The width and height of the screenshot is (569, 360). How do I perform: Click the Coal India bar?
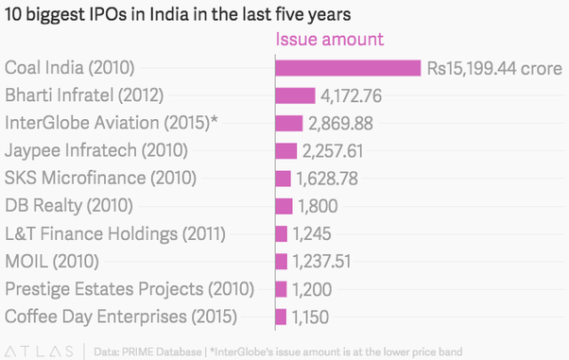(348, 68)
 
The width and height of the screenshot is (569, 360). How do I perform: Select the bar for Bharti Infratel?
(296, 95)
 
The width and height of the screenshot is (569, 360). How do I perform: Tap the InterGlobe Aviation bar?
(289, 124)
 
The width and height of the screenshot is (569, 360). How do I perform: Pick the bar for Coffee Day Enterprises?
(281, 317)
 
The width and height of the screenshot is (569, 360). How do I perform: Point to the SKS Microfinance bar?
(283, 179)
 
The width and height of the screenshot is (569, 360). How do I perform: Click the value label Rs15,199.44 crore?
(494, 69)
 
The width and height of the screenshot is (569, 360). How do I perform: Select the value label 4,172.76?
(352, 96)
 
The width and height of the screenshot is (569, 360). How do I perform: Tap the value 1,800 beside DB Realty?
(318, 207)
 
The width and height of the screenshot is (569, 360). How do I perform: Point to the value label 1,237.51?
(322, 262)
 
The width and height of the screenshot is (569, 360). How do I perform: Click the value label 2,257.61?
(333, 151)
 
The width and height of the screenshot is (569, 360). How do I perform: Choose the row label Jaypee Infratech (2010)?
(96, 150)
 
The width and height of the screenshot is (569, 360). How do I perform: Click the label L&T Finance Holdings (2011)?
(115, 233)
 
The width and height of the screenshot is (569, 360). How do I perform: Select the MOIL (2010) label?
(52, 262)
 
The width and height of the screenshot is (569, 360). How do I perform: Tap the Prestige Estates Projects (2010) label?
(129, 289)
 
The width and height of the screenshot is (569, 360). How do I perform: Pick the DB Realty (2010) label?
(69, 206)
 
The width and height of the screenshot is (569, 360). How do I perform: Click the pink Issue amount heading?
(330, 39)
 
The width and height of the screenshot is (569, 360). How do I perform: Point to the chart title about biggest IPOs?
(178, 14)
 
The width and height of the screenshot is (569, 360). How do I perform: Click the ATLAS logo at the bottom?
(39, 351)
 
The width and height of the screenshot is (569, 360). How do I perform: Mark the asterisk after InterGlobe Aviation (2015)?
(215, 120)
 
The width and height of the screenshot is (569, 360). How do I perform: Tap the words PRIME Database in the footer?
(162, 351)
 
